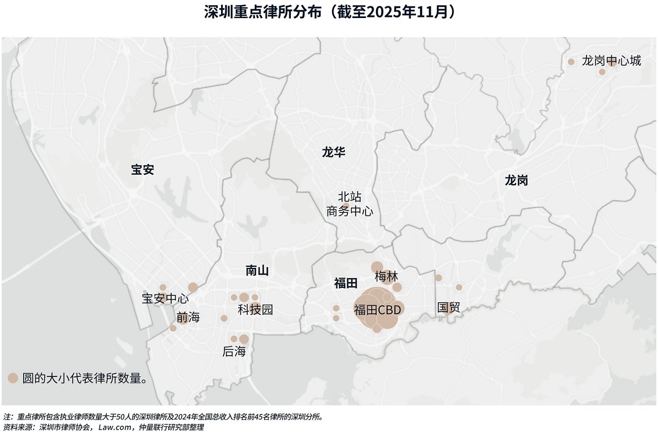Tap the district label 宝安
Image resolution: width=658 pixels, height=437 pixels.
click(x=142, y=170)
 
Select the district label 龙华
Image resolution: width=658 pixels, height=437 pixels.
click(x=334, y=152)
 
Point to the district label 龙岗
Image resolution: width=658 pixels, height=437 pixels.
click(x=516, y=180)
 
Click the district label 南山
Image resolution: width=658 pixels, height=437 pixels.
click(x=257, y=270)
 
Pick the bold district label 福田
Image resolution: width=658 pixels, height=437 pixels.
click(x=345, y=283)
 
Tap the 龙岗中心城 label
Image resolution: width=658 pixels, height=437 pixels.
click(x=611, y=61)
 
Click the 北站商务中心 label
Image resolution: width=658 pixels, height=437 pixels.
click(x=350, y=204)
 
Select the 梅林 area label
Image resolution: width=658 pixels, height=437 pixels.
click(x=386, y=277)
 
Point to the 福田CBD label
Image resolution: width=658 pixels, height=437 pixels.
click(x=377, y=310)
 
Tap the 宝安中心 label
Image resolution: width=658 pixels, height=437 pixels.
click(x=165, y=299)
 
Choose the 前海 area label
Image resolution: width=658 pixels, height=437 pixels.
click(x=188, y=317)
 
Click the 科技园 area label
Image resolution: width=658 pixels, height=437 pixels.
click(x=255, y=309)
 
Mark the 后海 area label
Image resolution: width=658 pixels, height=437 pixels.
click(x=234, y=352)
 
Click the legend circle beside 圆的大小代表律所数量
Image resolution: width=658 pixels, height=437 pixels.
click(x=13, y=378)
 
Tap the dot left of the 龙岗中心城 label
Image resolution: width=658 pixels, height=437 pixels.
click(x=571, y=62)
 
